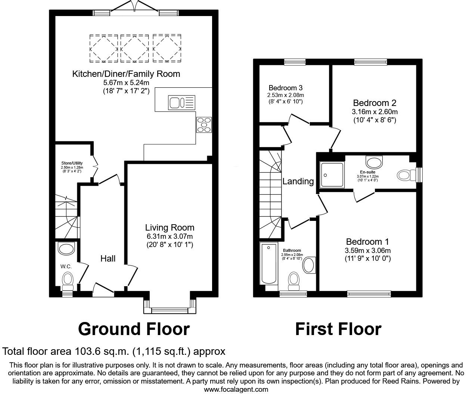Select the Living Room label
[x=170, y=227]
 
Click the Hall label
[x=108, y=258]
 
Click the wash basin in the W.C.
[x=66, y=248]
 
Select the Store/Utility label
[x=72, y=163]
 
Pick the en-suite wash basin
[x=375, y=162]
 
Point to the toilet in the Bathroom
[x=294, y=280]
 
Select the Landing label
[x=298, y=181]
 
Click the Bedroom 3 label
[x=285, y=88]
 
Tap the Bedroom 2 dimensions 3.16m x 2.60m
[x=375, y=112]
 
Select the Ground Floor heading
[x=134, y=329]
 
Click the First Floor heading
[x=338, y=329]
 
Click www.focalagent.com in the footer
[x=236, y=390]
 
